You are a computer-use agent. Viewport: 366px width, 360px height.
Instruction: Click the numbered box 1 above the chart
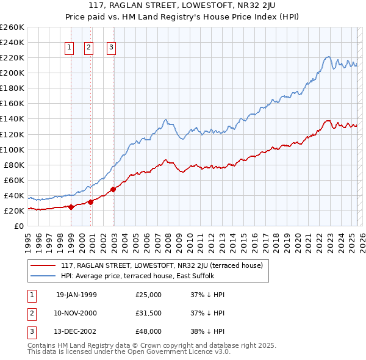(69, 48)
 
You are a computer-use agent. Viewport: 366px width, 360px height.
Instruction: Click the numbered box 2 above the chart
(88, 48)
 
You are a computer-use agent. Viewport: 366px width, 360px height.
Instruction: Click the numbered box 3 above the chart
(112, 48)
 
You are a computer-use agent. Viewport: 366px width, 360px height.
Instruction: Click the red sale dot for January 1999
(71, 207)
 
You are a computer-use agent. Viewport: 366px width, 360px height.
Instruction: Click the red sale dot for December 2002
(113, 189)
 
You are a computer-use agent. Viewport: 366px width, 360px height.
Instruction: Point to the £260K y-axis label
(12, 27)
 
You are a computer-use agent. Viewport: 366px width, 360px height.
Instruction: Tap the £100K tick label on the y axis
(12, 149)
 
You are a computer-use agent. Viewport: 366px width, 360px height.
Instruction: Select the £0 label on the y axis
(18, 226)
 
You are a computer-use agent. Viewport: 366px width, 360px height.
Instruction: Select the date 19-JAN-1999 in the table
(76, 295)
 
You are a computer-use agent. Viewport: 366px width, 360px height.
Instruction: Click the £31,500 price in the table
(149, 313)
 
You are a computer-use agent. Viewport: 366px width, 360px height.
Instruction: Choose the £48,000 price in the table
(149, 331)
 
